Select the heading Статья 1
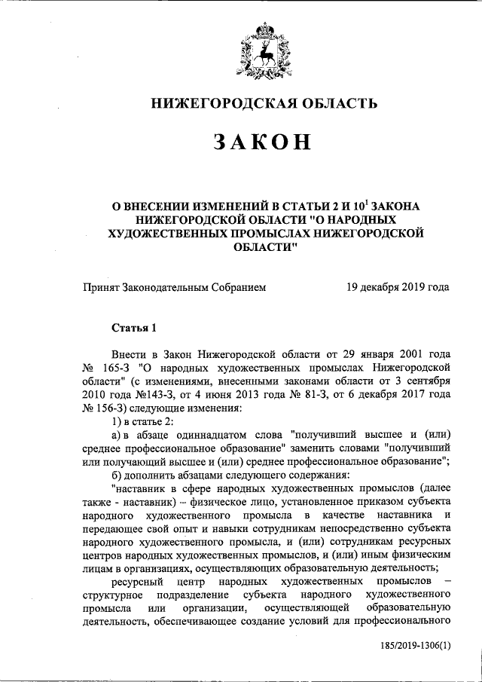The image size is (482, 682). point(135,328)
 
